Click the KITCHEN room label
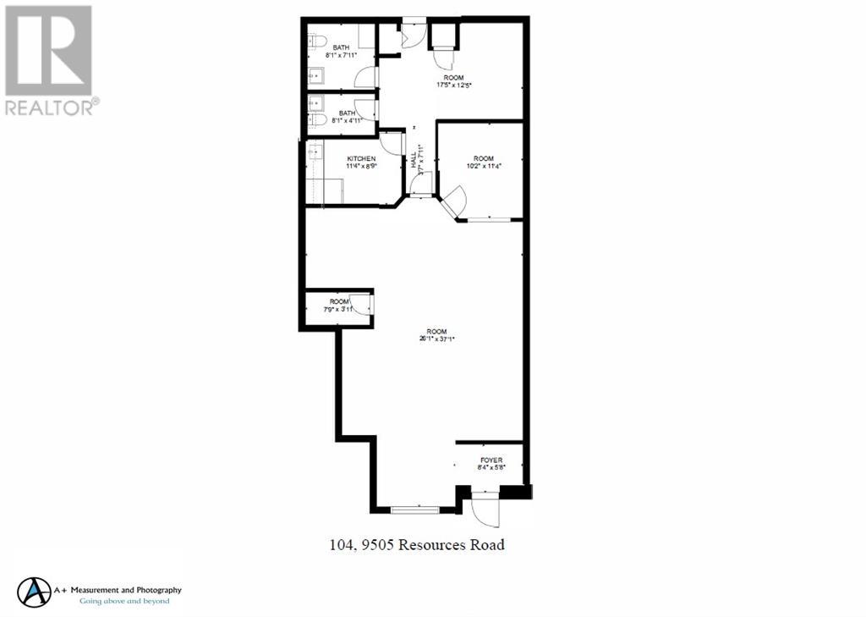pos(361,158)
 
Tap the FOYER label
pos(491,460)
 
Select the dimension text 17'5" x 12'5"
pos(453,85)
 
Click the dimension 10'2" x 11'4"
pos(483,166)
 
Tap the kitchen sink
pos(315,152)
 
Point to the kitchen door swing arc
pos(392,143)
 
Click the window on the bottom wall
pos(415,509)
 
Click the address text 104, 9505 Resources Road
pos(416,544)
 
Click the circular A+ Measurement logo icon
pos(35,592)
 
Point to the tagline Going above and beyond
pos(124,601)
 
